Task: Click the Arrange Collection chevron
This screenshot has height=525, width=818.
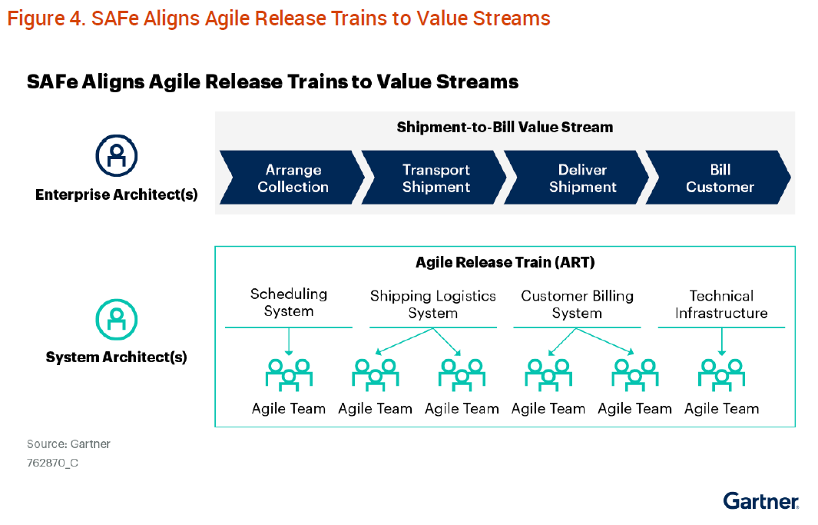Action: click(x=292, y=178)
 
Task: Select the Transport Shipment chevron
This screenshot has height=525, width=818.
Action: click(x=435, y=178)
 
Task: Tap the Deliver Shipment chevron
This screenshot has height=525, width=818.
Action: click(x=581, y=178)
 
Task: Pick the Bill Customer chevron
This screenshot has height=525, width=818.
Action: click(x=720, y=178)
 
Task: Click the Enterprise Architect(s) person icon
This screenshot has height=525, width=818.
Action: click(x=116, y=155)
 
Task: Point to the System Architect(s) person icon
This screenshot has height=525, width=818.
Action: click(x=116, y=319)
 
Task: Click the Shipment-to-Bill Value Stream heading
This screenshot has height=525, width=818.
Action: click(x=505, y=128)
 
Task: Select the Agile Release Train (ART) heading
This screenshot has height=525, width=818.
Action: click(x=505, y=263)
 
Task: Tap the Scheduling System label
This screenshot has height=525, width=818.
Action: click(x=289, y=303)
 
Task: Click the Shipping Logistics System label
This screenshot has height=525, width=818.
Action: click(x=433, y=304)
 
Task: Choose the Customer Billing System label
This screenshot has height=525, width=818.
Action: click(x=577, y=304)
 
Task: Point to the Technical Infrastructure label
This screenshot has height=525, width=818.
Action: click(x=721, y=304)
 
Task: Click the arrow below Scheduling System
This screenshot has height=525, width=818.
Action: click(x=289, y=341)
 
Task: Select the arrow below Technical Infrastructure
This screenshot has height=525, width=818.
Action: click(x=721, y=341)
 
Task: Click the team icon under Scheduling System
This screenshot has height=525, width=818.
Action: click(x=289, y=374)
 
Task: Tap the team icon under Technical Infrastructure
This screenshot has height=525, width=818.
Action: click(x=721, y=374)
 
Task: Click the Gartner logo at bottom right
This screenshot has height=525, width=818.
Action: click(x=760, y=501)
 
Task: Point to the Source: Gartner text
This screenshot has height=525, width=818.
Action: click(x=68, y=444)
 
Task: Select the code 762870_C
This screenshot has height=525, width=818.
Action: click(x=52, y=463)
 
